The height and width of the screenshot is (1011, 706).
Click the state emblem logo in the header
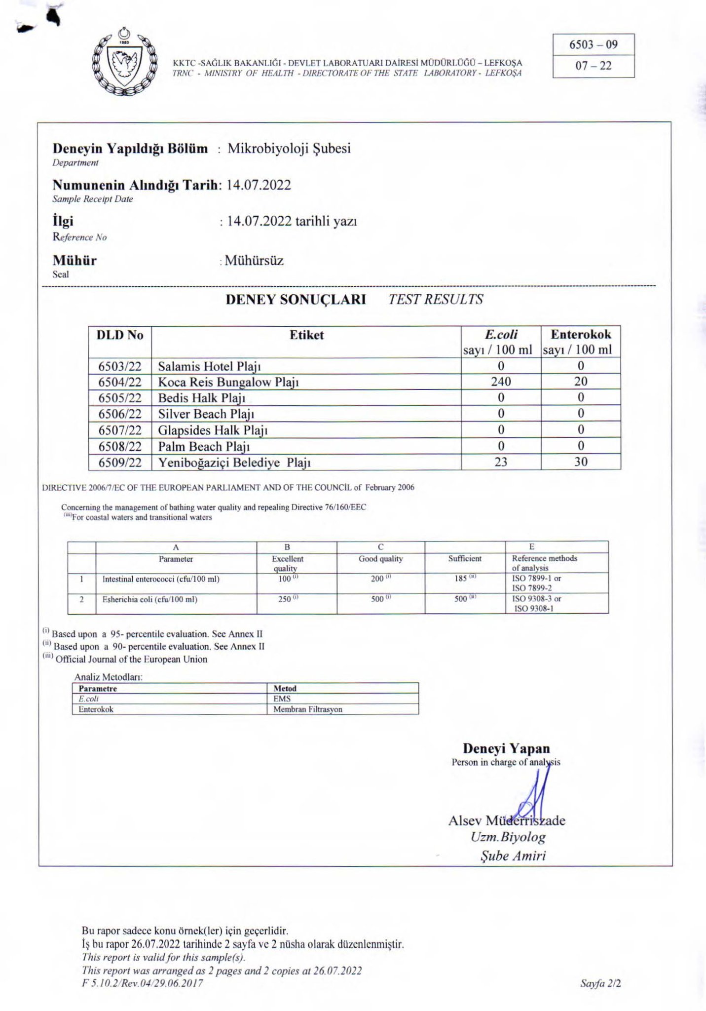pyautogui.click(x=125, y=64)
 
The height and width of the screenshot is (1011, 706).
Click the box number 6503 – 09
pyautogui.click(x=593, y=45)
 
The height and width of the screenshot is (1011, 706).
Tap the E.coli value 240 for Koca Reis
pyautogui.click(x=501, y=382)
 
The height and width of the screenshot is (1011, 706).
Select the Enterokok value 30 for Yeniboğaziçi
pyautogui.click(x=581, y=462)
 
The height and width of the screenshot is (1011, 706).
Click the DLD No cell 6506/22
pyautogui.click(x=120, y=414)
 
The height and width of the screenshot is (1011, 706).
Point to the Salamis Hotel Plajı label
pyautogui.click(x=209, y=366)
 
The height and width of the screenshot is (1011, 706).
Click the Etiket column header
pyautogui.click(x=306, y=335)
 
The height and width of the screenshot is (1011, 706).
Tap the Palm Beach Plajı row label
pyautogui.click(x=204, y=447)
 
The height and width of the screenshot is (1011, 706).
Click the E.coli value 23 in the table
pyautogui.click(x=501, y=462)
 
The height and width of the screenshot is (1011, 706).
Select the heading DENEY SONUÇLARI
pyautogui.click(x=296, y=300)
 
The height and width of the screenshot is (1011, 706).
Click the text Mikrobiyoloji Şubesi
pyautogui.click(x=289, y=149)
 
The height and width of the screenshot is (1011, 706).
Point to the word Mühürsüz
pyautogui.click(x=254, y=261)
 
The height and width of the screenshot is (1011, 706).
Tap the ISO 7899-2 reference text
pyautogui.click(x=532, y=588)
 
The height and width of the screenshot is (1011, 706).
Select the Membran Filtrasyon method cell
pyautogui.click(x=308, y=709)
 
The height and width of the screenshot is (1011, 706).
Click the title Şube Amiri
pyautogui.click(x=513, y=855)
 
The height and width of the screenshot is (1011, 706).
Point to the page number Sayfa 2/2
pyautogui.click(x=600, y=983)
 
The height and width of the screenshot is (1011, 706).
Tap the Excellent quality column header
pyautogui.click(x=288, y=563)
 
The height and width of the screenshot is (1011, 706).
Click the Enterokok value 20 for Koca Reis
pyautogui.click(x=581, y=382)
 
